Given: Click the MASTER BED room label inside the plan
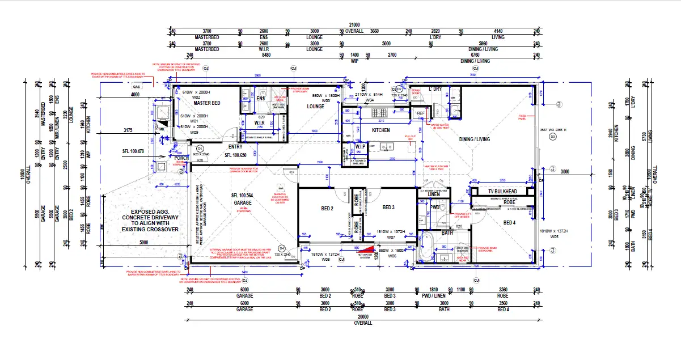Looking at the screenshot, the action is tap(206, 103).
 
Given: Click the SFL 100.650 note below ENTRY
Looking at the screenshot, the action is tap(236, 155).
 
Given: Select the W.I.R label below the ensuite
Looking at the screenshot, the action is tap(260, 122).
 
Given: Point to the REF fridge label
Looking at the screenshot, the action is tap(421, 113).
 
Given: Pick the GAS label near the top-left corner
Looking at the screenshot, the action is tap(136, 86).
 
